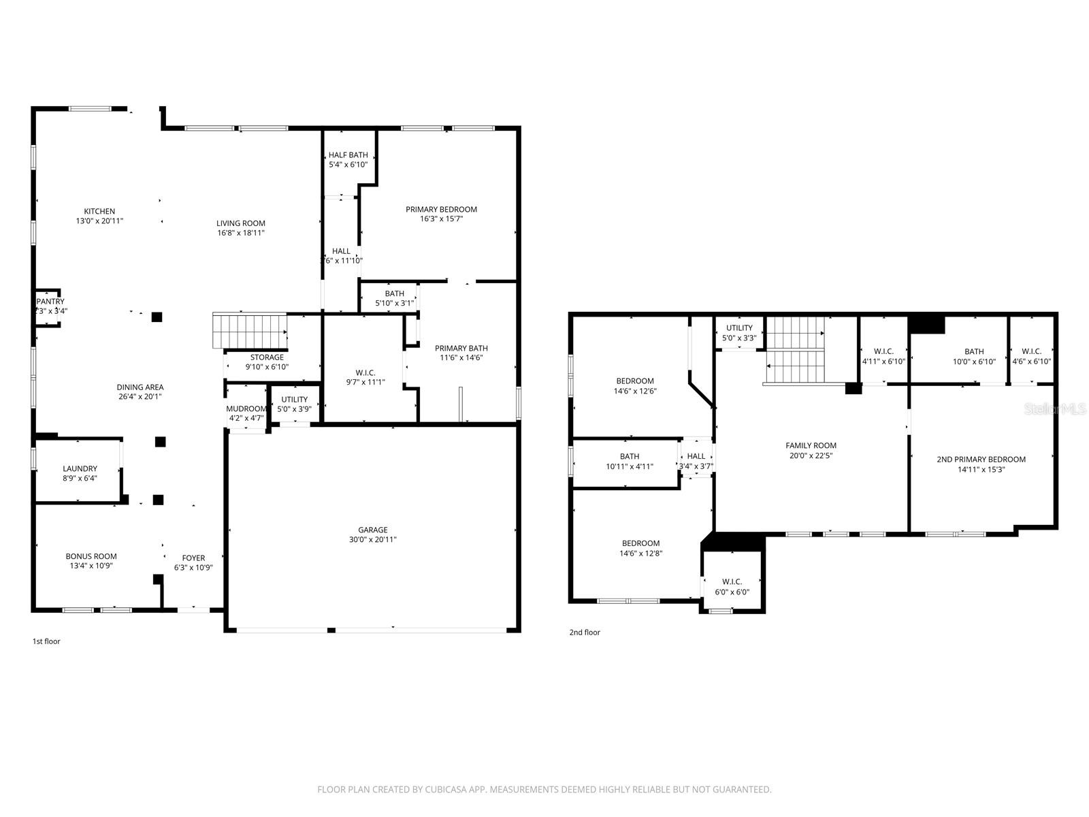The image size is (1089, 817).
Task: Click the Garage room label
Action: [373, 530]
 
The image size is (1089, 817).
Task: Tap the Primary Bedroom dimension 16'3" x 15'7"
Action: [441, 219]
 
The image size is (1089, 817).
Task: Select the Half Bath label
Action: [348, 155]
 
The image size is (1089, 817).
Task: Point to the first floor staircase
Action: [250, 330]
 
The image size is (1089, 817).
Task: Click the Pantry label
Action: [50, 302]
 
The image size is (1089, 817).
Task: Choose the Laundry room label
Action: [80, 468]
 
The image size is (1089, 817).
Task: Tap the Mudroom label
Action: [246, 408]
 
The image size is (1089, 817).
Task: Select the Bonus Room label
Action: [91, 556]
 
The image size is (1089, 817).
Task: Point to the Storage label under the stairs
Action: [267, 357]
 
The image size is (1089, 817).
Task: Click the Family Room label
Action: [811, 446]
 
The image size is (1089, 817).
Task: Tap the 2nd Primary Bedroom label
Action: [981, 460]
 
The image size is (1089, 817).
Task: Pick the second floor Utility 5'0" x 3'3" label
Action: [739, 333]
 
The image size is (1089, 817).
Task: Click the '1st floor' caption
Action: [46, 641]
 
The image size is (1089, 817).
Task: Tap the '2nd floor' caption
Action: [585, 632]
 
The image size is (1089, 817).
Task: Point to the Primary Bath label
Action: [461, 348]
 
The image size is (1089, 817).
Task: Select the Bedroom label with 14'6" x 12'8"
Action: [640, 543]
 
